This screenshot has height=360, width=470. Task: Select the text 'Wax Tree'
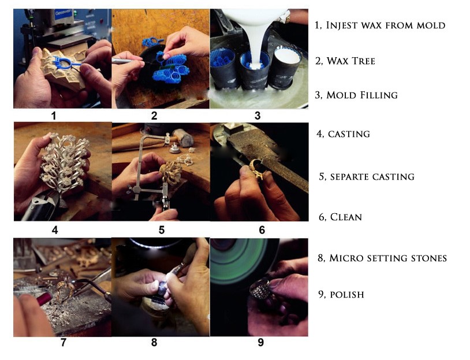pos(350,61)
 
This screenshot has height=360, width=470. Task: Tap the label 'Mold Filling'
pos(362,95)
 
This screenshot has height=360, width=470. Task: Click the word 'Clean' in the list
pos(346,217)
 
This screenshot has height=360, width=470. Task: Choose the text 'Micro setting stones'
pos(388,258)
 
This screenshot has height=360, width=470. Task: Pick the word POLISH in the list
pos(347,295)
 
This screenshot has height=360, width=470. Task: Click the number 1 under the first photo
pos(54,116)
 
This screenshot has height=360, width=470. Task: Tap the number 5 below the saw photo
pos(162,230)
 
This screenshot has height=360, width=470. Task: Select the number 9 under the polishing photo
pos(261,342)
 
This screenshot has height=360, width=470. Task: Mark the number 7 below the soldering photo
pos(64,342)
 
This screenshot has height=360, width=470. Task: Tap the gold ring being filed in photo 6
pos(256,169)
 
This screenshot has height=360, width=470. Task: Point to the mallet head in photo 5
pos(183,138)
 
